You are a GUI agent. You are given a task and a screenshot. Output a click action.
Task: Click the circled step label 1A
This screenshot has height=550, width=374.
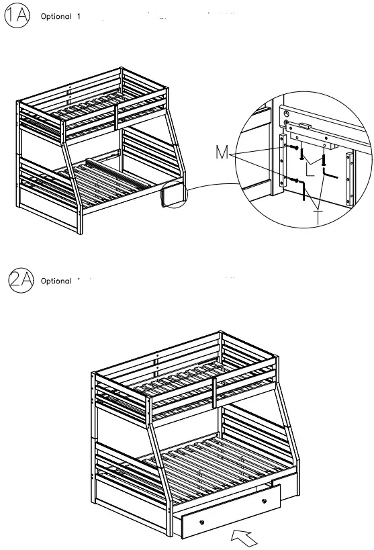[17, 16]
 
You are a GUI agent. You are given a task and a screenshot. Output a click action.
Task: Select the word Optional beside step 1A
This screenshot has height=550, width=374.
[56, 16]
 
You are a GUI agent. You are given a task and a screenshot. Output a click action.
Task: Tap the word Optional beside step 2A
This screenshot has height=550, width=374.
[56, 281]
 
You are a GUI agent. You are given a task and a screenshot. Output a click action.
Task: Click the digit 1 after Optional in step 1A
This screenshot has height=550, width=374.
[79, 16]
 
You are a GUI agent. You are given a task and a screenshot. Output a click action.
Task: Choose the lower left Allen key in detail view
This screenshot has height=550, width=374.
[307, 197]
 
